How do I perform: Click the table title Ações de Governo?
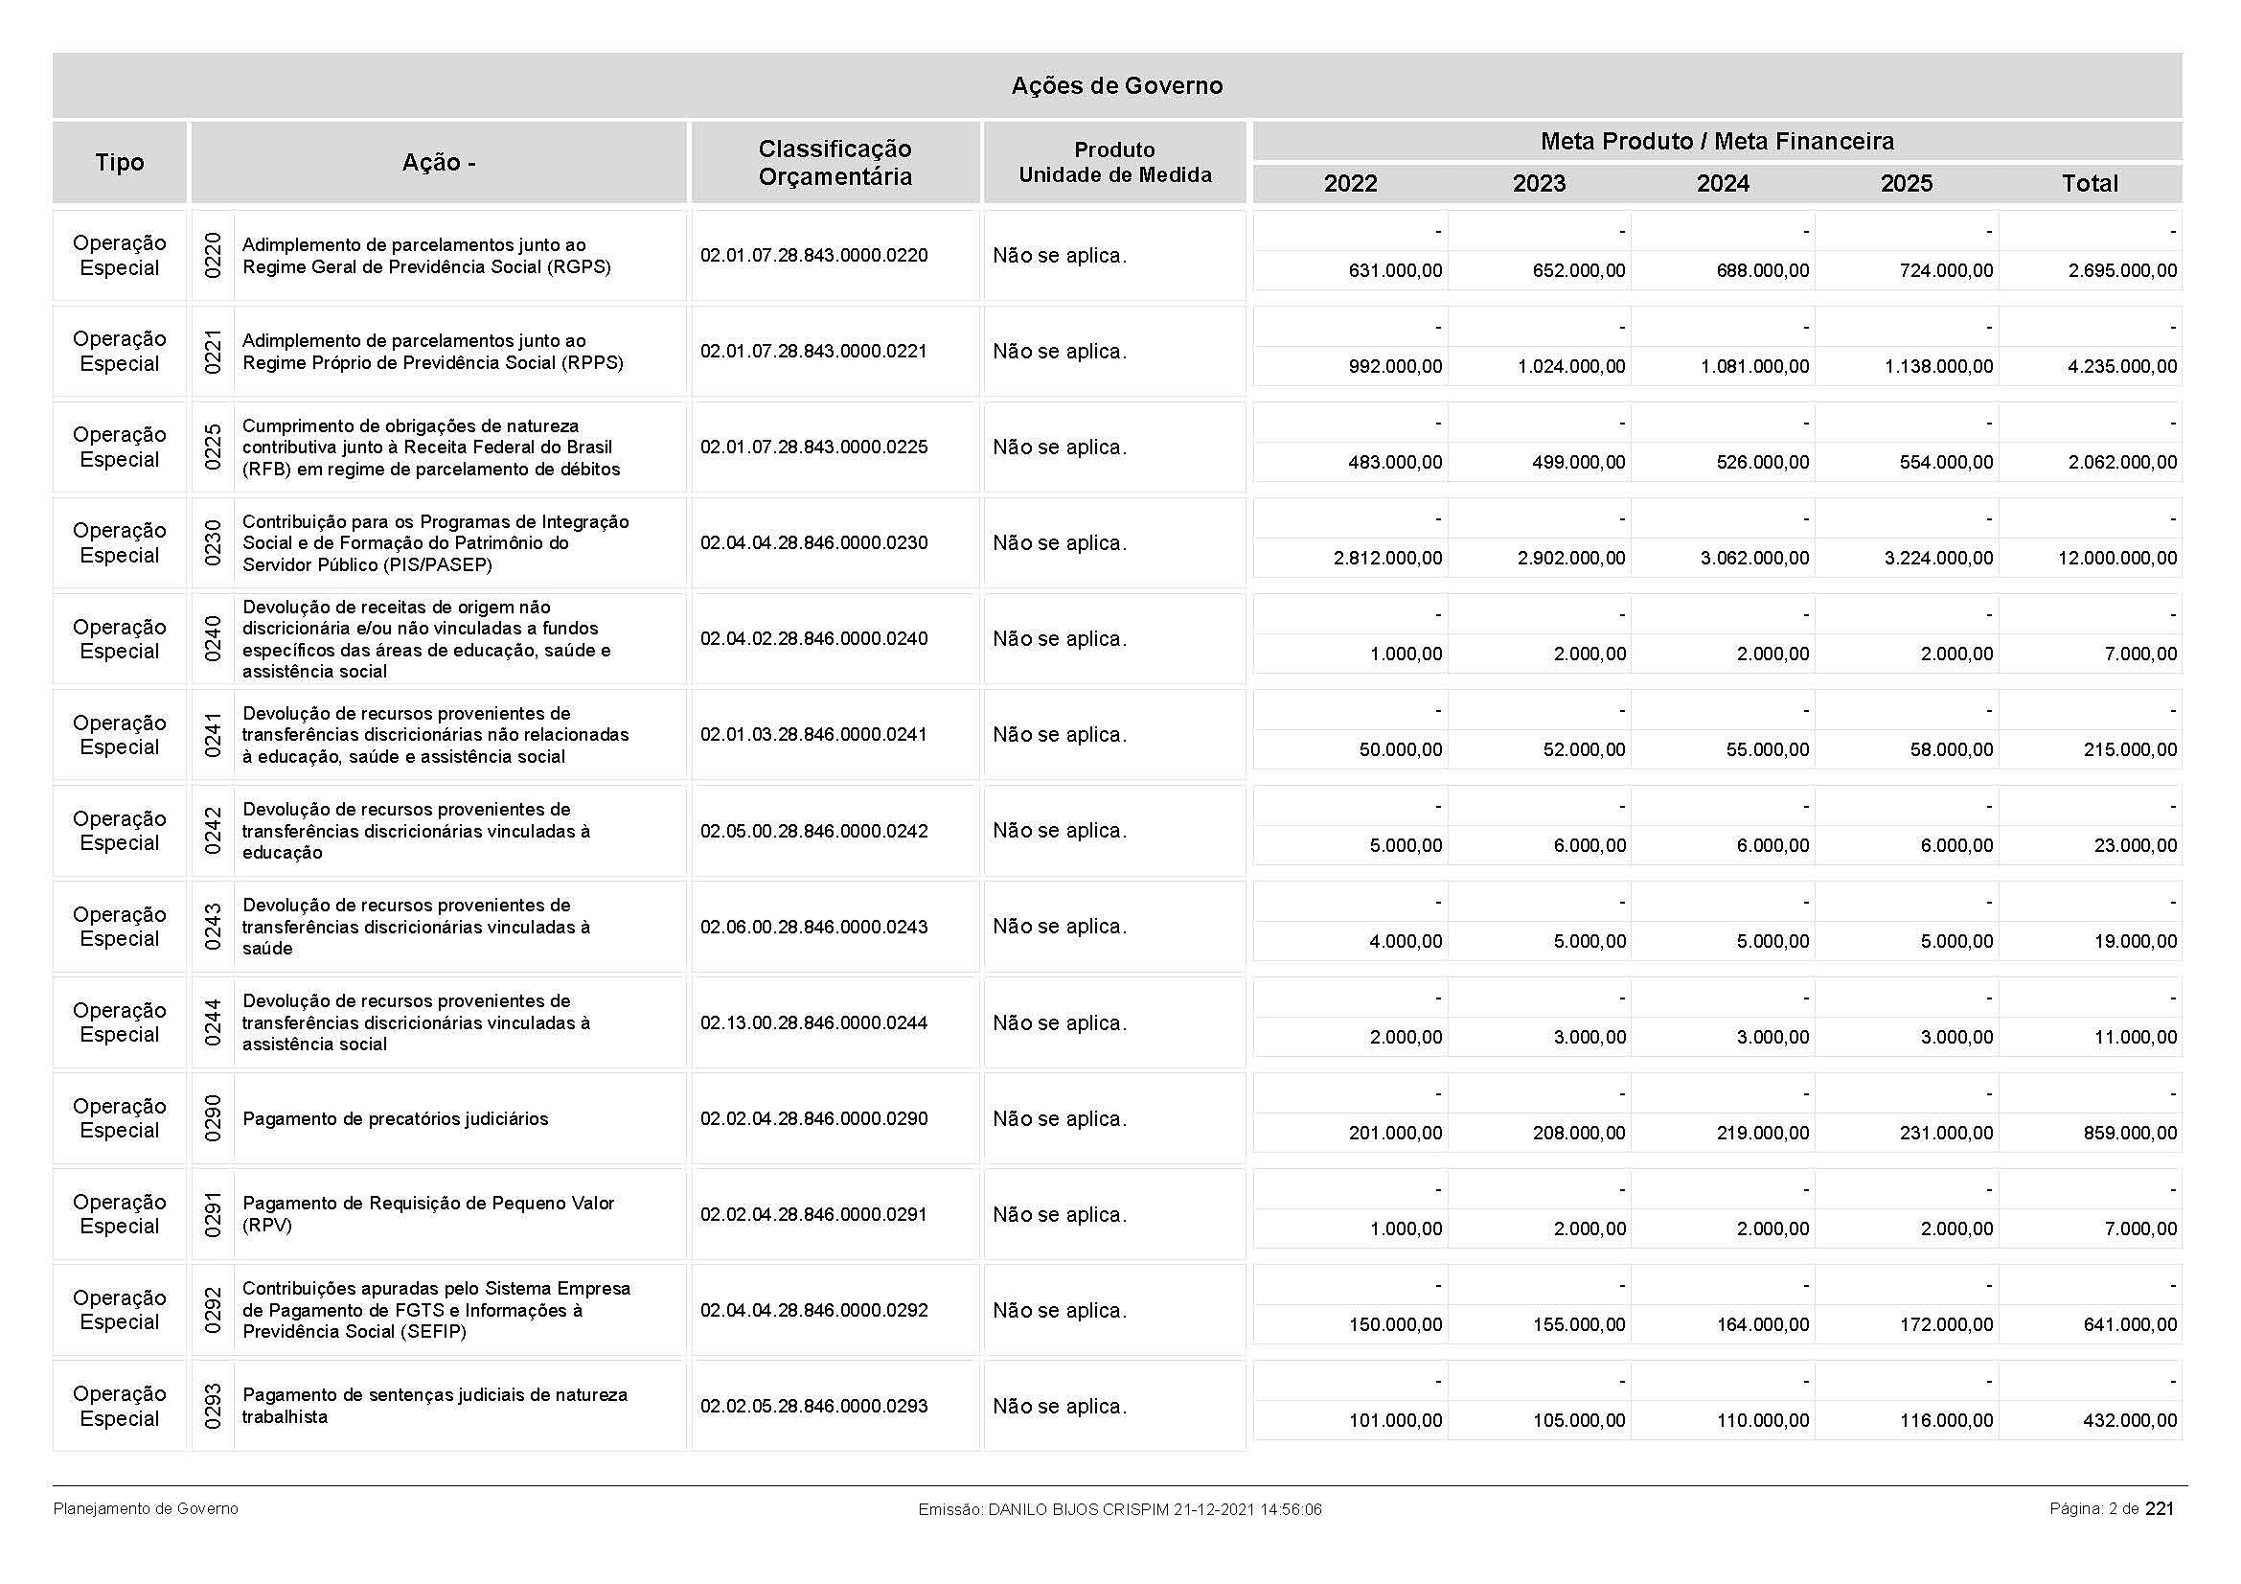click(x=1116, y=86)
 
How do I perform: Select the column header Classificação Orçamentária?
click(x=835, y=163)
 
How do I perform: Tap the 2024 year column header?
click(x=1723, y=183)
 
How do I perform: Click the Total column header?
click(x=2090, y=183)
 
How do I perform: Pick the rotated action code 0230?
click(x=213, y=542)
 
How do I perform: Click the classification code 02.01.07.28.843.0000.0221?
click(x=814, y=352)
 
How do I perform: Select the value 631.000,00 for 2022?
click(x=1395, y=271)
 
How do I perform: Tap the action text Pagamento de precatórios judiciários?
click(x=396, y=1118)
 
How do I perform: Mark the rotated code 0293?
click(x=213, y=1407)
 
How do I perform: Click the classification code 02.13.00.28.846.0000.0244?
click(x=814, y=1022)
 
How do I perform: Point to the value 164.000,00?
click(x=1763, y=1324)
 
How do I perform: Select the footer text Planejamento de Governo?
click(x=146, y=1509)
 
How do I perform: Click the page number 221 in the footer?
click(x=2160, y=1509)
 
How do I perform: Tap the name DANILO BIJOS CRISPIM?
click(x=1079, y=1510)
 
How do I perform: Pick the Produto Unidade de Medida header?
click(x=1114, y=163)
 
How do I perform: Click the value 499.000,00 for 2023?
click(x=1579, y=463)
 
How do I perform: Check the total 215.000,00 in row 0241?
click(x=2130, y=749)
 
